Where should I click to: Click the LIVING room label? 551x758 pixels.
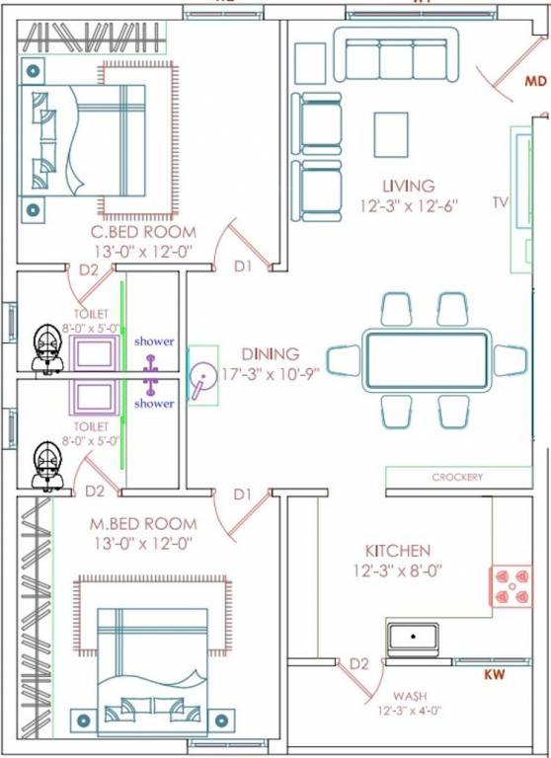[x=409, y=186]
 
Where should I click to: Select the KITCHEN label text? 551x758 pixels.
[x=398, y=551]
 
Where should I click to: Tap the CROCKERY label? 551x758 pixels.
[x=457, y=478]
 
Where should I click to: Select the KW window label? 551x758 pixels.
[x=495, y=675]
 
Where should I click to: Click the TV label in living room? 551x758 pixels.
[x=500, y=202]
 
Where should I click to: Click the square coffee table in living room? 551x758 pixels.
[x=390, y=132]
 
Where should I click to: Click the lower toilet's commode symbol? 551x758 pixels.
[x=44, y=465]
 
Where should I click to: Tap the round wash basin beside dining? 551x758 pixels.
[x=204, y=376]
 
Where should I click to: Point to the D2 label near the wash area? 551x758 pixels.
[x=359, y=664]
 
